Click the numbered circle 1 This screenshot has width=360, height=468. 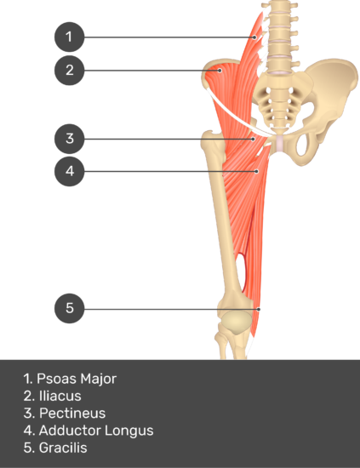tap(69, 37)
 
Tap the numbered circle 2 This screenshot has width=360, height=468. tap(69, 71)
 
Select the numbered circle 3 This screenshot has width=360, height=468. tap(69, 139)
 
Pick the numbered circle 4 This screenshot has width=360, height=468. tap(69, 171)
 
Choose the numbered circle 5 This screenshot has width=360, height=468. tap(69, 308)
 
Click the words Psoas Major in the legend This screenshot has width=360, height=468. tap(77, 379)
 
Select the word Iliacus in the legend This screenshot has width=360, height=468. tap(60, 396)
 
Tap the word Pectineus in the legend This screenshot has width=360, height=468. tap(72, 414)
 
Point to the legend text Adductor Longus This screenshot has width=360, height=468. tap(96, 431)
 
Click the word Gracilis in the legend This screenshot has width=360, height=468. tap(63, 448)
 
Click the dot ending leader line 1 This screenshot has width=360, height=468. tap(254, 37)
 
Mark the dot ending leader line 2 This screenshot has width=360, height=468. tap(220, 71)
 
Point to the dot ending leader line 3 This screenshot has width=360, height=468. tap(253, 139)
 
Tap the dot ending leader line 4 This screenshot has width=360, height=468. tap(257, 171)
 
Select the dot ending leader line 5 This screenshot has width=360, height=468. tap(259, 309)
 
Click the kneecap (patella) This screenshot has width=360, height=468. tap(237, 322)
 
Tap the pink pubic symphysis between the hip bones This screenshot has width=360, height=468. tap(280, 143)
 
